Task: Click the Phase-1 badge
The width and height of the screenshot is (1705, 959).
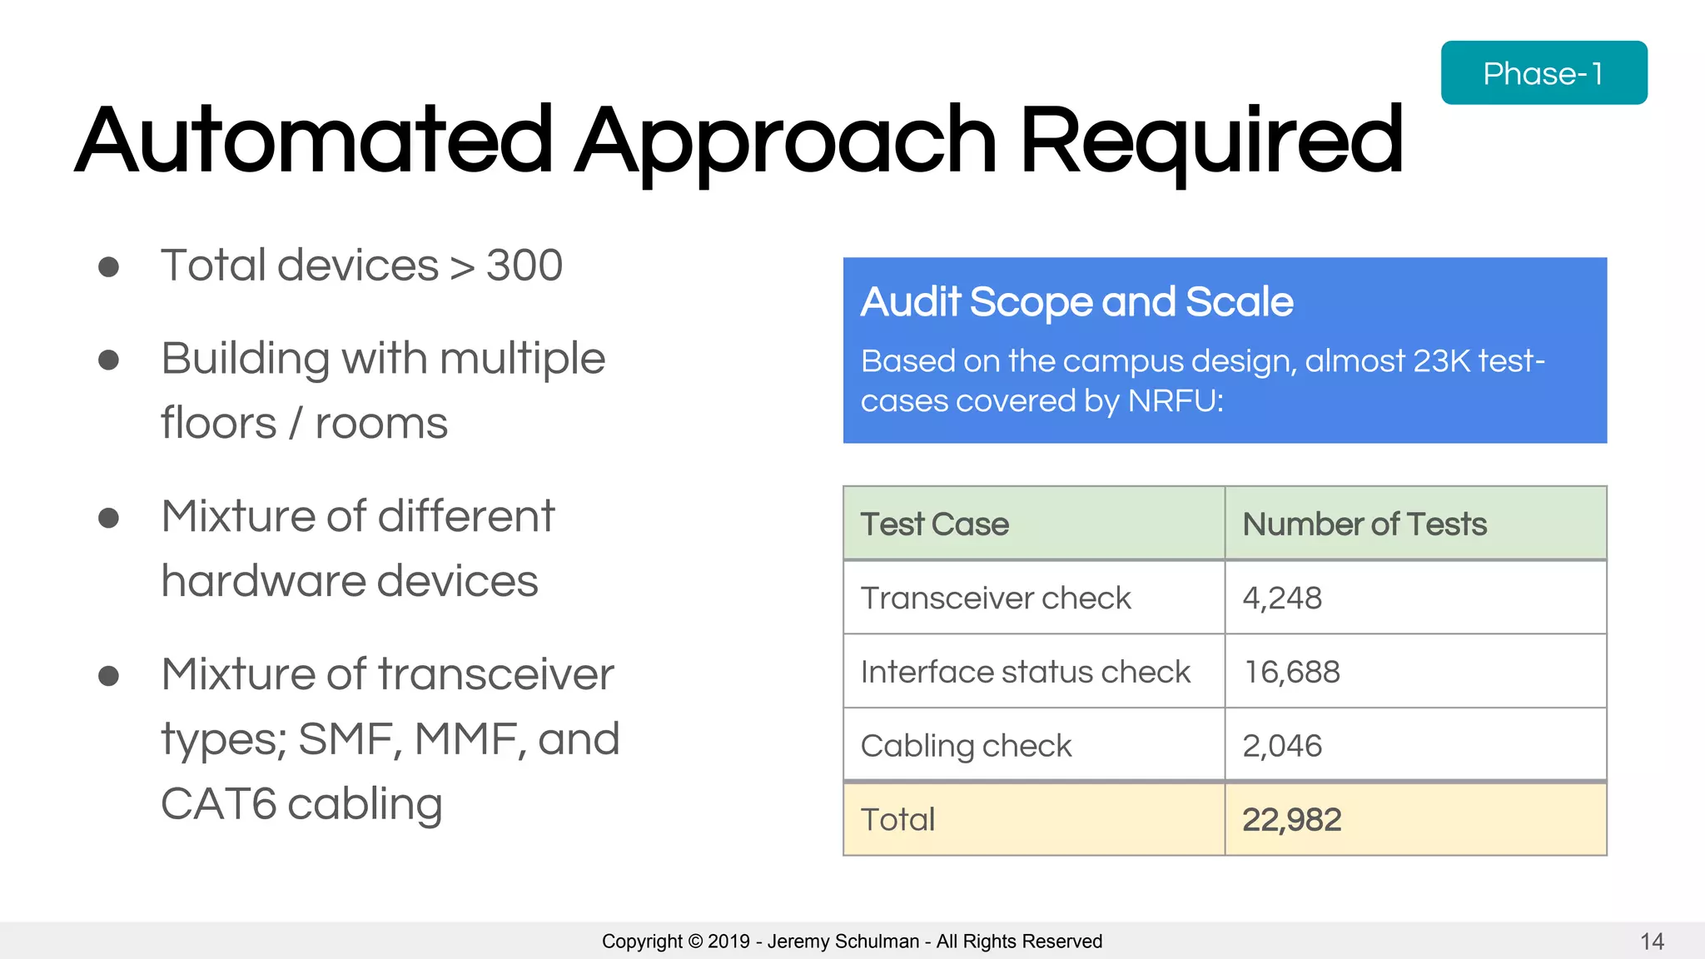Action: [x=1543, y=73]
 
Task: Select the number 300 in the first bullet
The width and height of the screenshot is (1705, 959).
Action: [x=524, y=266]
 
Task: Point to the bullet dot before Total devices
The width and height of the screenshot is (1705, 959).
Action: [x=108, y=266]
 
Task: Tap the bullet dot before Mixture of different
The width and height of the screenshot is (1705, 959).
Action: [x=108, y=518]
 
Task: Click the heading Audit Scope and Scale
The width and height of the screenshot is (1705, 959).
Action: [x=1076, y=301]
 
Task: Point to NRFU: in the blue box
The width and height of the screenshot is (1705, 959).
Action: [x=1176, y=401]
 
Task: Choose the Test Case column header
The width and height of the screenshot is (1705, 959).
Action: [x=934, y=524]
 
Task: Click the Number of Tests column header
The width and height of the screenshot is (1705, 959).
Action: [x=1364, y=524]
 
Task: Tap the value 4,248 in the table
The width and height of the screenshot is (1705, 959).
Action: [x=1282, y=598]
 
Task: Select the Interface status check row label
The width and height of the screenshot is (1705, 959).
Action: [x=1026, y=672]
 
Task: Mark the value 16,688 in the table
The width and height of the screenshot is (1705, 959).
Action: [x=1292, y=672]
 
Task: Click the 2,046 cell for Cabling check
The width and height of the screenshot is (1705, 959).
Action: [x=1282, y=746]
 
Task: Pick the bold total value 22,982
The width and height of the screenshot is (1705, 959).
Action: [x=1292, y=820]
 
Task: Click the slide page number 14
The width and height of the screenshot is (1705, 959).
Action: [x=1652, y=942]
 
